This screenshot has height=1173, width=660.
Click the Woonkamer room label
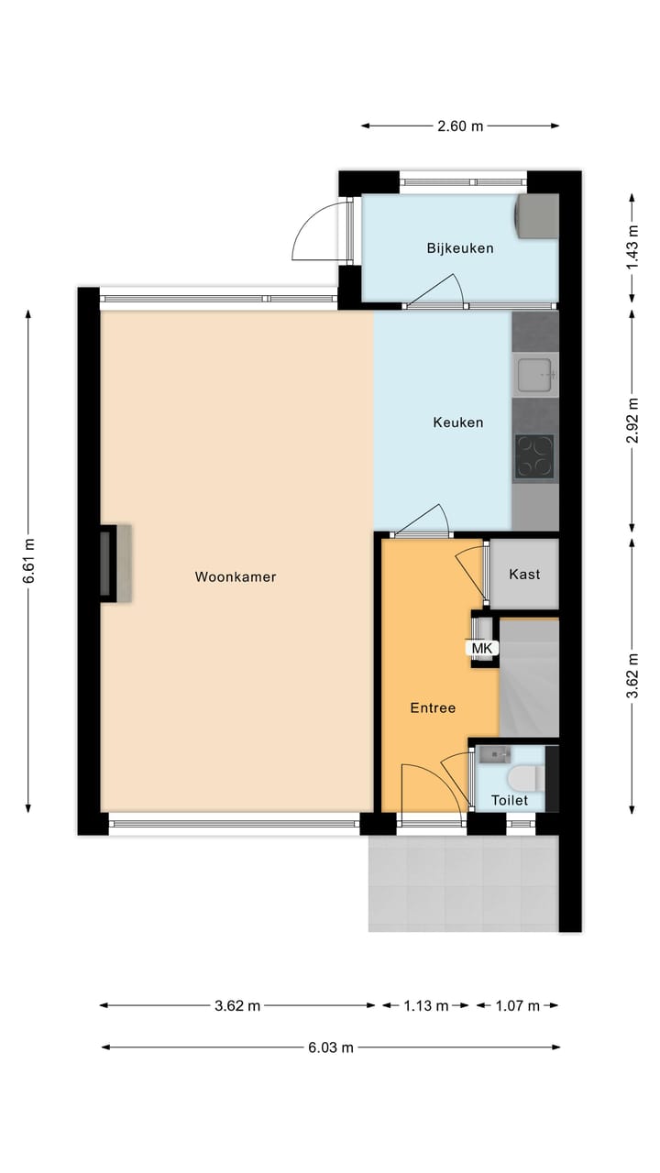coord(236,576)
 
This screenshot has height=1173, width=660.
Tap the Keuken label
coord(457,422)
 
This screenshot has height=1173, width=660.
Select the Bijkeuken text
coord(460,248)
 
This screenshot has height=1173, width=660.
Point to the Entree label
coord(433,707)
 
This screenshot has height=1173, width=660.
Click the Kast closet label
coord(524,575)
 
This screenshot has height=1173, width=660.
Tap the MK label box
coord(482,648)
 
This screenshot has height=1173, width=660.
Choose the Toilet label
coord(510,800)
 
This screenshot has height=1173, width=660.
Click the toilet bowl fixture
coord(523,778)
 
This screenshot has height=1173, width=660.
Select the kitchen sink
coord(534,374)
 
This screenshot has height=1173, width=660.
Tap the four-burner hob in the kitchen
coord(534,455)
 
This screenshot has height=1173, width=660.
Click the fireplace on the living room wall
coord(114,563)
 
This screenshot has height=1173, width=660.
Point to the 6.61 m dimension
coord(29,560)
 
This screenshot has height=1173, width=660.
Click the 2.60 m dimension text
coord(459,126)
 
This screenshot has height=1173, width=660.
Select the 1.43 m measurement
coord(632,246)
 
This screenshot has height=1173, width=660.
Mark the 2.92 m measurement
coord(632,421)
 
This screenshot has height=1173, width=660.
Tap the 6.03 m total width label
coord(330,1047)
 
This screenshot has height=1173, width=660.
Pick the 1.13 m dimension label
coord(425,1005)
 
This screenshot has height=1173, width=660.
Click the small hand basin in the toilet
coord(494,754)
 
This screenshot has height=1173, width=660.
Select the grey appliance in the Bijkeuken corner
coord(537,216)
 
